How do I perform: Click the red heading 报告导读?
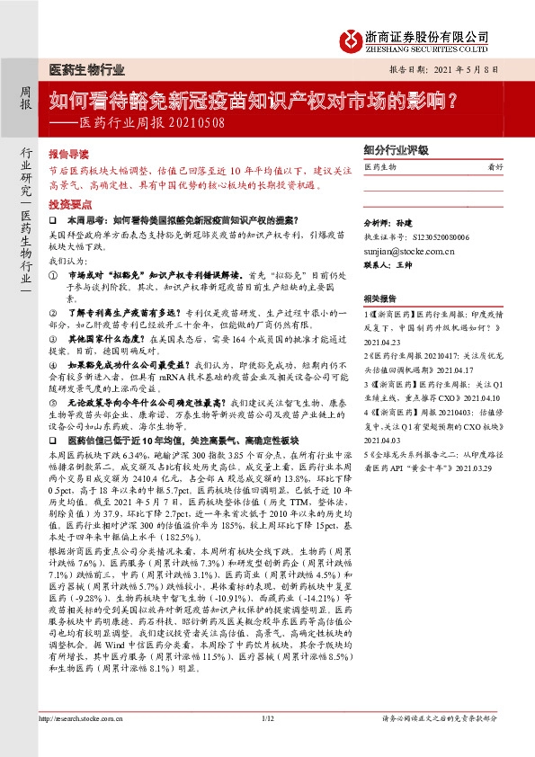click(x=69, y=154)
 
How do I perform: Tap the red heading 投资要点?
click(x=69, y=204)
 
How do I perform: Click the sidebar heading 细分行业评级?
click(x=396, y=152)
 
